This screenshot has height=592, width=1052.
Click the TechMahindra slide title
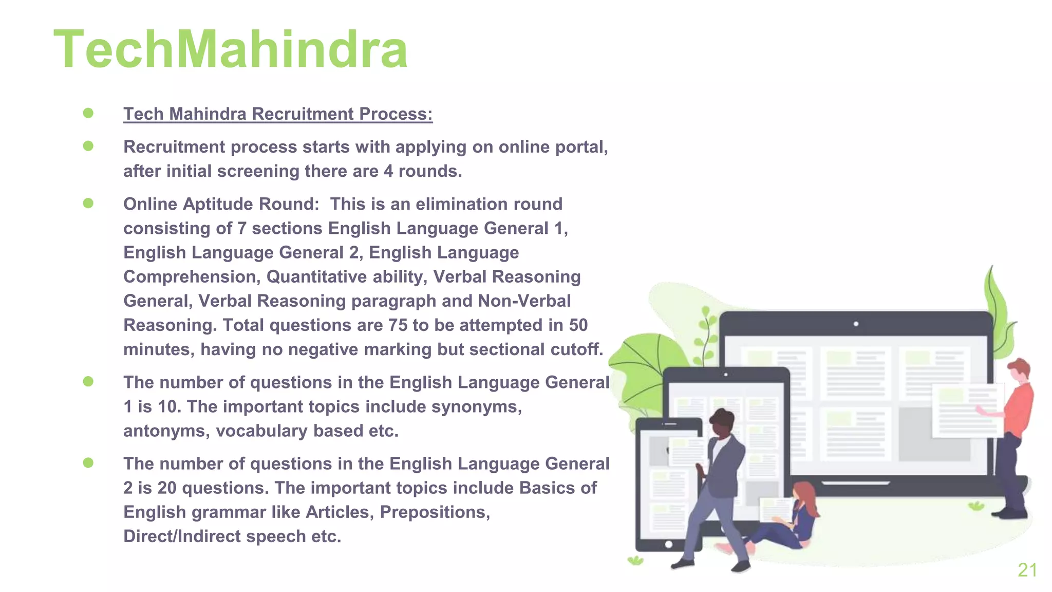pos(231,50)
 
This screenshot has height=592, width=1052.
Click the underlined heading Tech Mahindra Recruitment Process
pos(278,114)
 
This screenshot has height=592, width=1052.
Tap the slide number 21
pos(1027,570)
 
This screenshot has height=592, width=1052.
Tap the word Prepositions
pos(435,512)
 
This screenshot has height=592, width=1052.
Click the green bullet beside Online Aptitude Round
pos(88,203)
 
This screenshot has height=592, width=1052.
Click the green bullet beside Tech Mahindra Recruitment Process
pos(88,113)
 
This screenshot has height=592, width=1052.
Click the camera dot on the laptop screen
pos(856,324)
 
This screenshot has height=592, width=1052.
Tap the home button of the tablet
pos(668,544)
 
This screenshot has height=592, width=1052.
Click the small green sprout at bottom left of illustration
pos(635,560)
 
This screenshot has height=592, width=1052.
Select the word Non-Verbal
pos(524,301)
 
